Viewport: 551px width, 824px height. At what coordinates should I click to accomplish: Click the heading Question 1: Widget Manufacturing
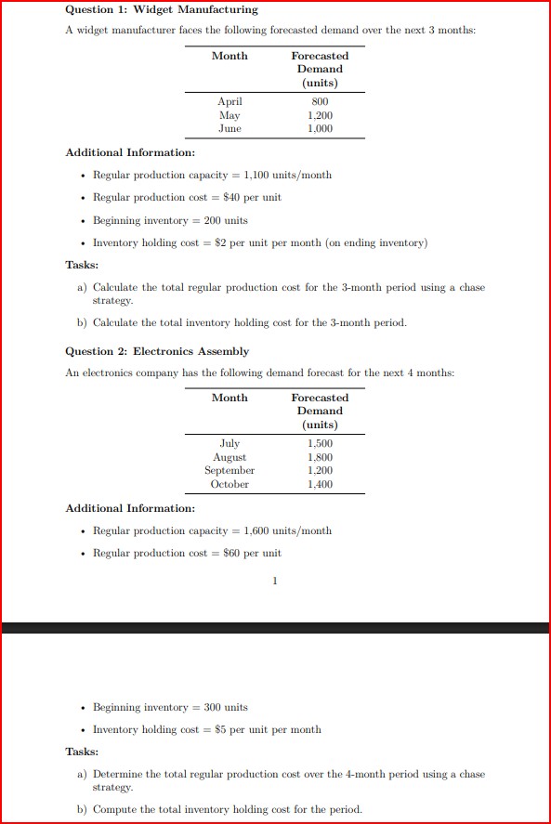pyautogui.click(x=162, y=9)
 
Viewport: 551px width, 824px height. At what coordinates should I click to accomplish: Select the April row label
pyautogui.click(x=230, y=101)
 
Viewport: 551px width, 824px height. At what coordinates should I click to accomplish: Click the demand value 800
pyautogui.click(x=320, y=101)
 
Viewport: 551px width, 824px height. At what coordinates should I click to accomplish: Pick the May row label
pyautogui.click(x=230, y=115)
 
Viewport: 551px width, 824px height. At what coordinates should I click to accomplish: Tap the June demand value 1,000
pyautogui.click(x=320, y=128)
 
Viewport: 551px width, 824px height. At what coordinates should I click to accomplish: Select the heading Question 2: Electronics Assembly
pyautogui.click(x=157, y=351)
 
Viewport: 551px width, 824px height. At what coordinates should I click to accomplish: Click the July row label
pyautogui.click(x=230, y=444)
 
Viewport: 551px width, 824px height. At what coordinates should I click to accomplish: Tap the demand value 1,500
pyautogui.click(x=320, y=444)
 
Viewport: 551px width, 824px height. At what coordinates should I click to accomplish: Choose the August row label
pyautogui.click(x=230, y=457)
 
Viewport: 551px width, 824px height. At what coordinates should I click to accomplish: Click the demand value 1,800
pyautogui.click(x=320, y=457)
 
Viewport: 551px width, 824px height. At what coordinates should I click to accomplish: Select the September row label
pyautogui.click(x=230, y=470)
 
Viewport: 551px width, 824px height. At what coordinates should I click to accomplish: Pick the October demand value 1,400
pyautogui.click(x=320, y=484)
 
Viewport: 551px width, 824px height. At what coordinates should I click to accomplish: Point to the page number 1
pyautogui.click(x=275, y=582)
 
